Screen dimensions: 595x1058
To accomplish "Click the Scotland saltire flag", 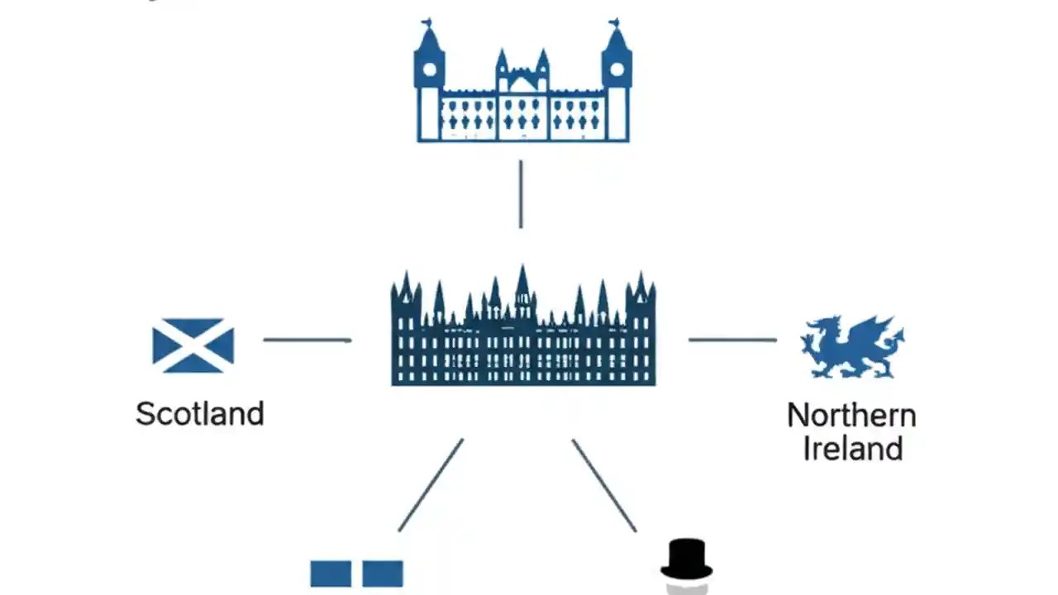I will coord(193,345).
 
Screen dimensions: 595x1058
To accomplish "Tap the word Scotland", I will coord(200,413).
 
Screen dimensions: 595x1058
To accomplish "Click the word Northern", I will coord(851,415).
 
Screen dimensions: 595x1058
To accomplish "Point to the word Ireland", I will coord(852,449).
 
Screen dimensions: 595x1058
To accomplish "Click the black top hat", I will coord(686,559).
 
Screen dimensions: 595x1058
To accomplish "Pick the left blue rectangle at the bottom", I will coord(331,574).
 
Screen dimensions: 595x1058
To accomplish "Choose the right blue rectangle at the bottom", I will coord(383,574).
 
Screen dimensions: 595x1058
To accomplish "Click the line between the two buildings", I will coord(520,193).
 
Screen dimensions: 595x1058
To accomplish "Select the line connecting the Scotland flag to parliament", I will coord(307,340).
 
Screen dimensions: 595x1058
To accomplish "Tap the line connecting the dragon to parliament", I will coord(732,340).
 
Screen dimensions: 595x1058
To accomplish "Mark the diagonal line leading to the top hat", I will coord(604,485).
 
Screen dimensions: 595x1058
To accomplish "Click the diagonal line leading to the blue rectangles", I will coord(431,485).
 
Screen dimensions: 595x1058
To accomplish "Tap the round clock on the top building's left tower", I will coord(429,69).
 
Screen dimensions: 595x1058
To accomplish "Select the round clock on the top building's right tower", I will coord(617,69).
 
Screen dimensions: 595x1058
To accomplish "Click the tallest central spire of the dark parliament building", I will coord(522,285).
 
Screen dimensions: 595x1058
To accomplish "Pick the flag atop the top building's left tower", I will coord(427,22).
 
